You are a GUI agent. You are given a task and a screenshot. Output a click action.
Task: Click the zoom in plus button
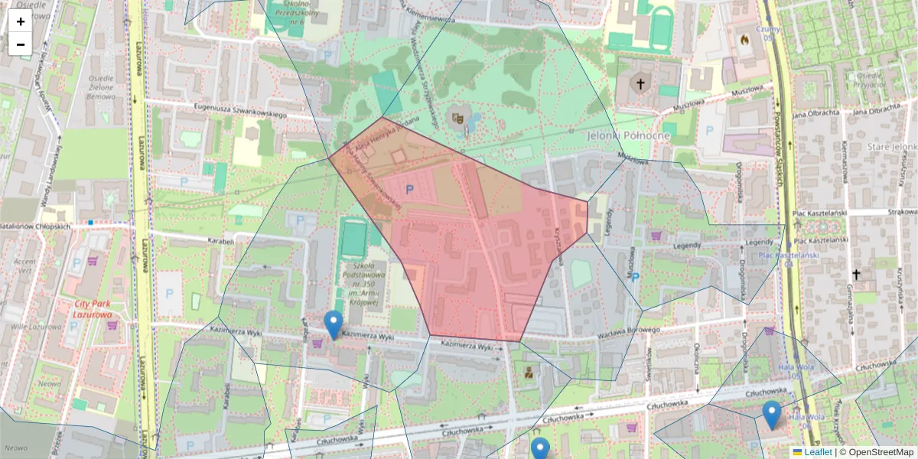(x=21, y=21)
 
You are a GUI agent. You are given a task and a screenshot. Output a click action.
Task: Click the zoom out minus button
(x=21, y=44)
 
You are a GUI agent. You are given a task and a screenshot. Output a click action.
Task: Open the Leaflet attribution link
(x=817, y=452)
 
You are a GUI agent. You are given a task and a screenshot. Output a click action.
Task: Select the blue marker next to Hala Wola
(x=772, y=415)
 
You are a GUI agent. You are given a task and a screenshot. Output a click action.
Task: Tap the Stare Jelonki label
(x=892, y=146)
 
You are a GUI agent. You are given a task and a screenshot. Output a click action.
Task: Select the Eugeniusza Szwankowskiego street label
(x=240, y=111)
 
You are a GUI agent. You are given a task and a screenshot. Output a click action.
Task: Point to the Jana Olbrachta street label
(x=818, y=113)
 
